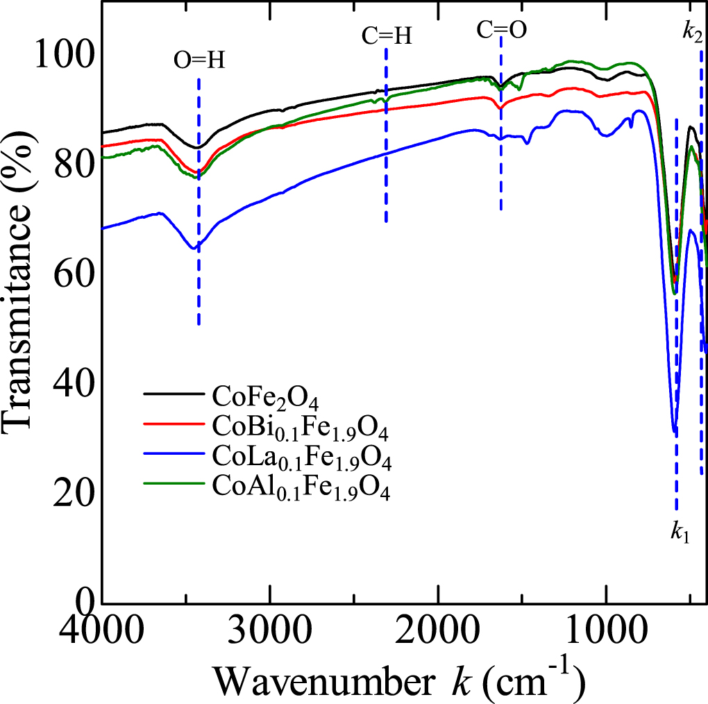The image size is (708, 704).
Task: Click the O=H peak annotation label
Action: (x=199, y=61)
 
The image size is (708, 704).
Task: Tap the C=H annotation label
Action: (x=387, y=36)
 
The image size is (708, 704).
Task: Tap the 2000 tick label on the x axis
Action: (x=438, y=633)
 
